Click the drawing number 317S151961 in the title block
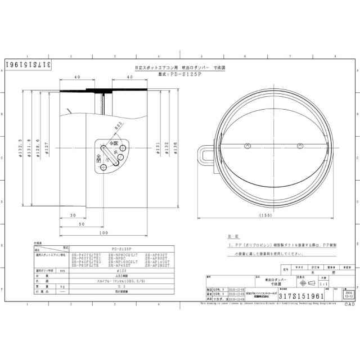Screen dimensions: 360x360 tap(303, 294)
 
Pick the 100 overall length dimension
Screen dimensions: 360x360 tap(103, 233)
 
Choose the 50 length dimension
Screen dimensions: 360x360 tap(82, 224)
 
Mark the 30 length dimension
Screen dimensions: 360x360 tap(74, 215)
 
